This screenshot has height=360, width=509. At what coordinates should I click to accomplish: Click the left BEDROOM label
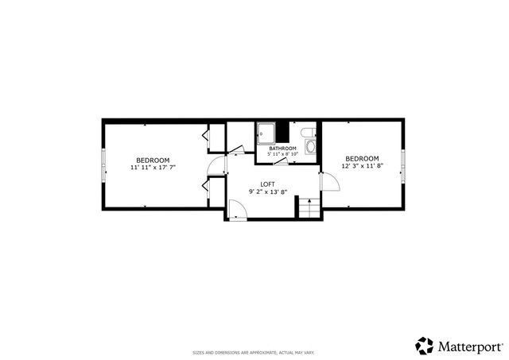click(152, 160)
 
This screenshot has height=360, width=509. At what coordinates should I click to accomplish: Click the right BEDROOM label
click(360, 158)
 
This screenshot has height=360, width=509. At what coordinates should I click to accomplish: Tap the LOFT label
click(267, 184)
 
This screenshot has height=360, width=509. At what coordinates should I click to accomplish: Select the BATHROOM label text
click(282, 149)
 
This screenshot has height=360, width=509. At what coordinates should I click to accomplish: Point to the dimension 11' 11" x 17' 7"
click(152, 168)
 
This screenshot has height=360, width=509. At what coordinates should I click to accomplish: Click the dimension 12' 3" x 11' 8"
click(360, 166)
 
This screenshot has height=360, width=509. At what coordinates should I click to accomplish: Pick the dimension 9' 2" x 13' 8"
click(267, 192)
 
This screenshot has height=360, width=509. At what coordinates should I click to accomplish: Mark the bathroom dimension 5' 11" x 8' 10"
click(282, 154)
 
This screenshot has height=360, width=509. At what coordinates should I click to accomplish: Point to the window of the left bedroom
click(103, 164)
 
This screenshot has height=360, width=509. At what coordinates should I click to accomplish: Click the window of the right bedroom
click(403, 164)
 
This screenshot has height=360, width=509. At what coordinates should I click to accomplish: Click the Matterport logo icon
click(424, 346)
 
